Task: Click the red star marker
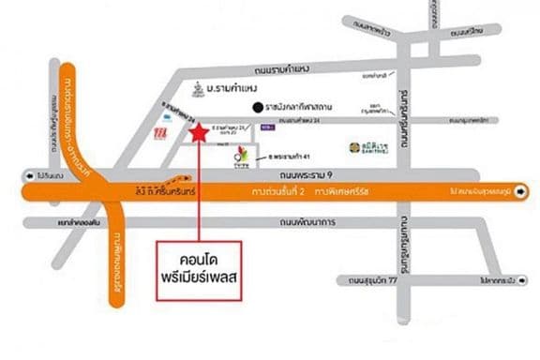[x=198, y=133]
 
